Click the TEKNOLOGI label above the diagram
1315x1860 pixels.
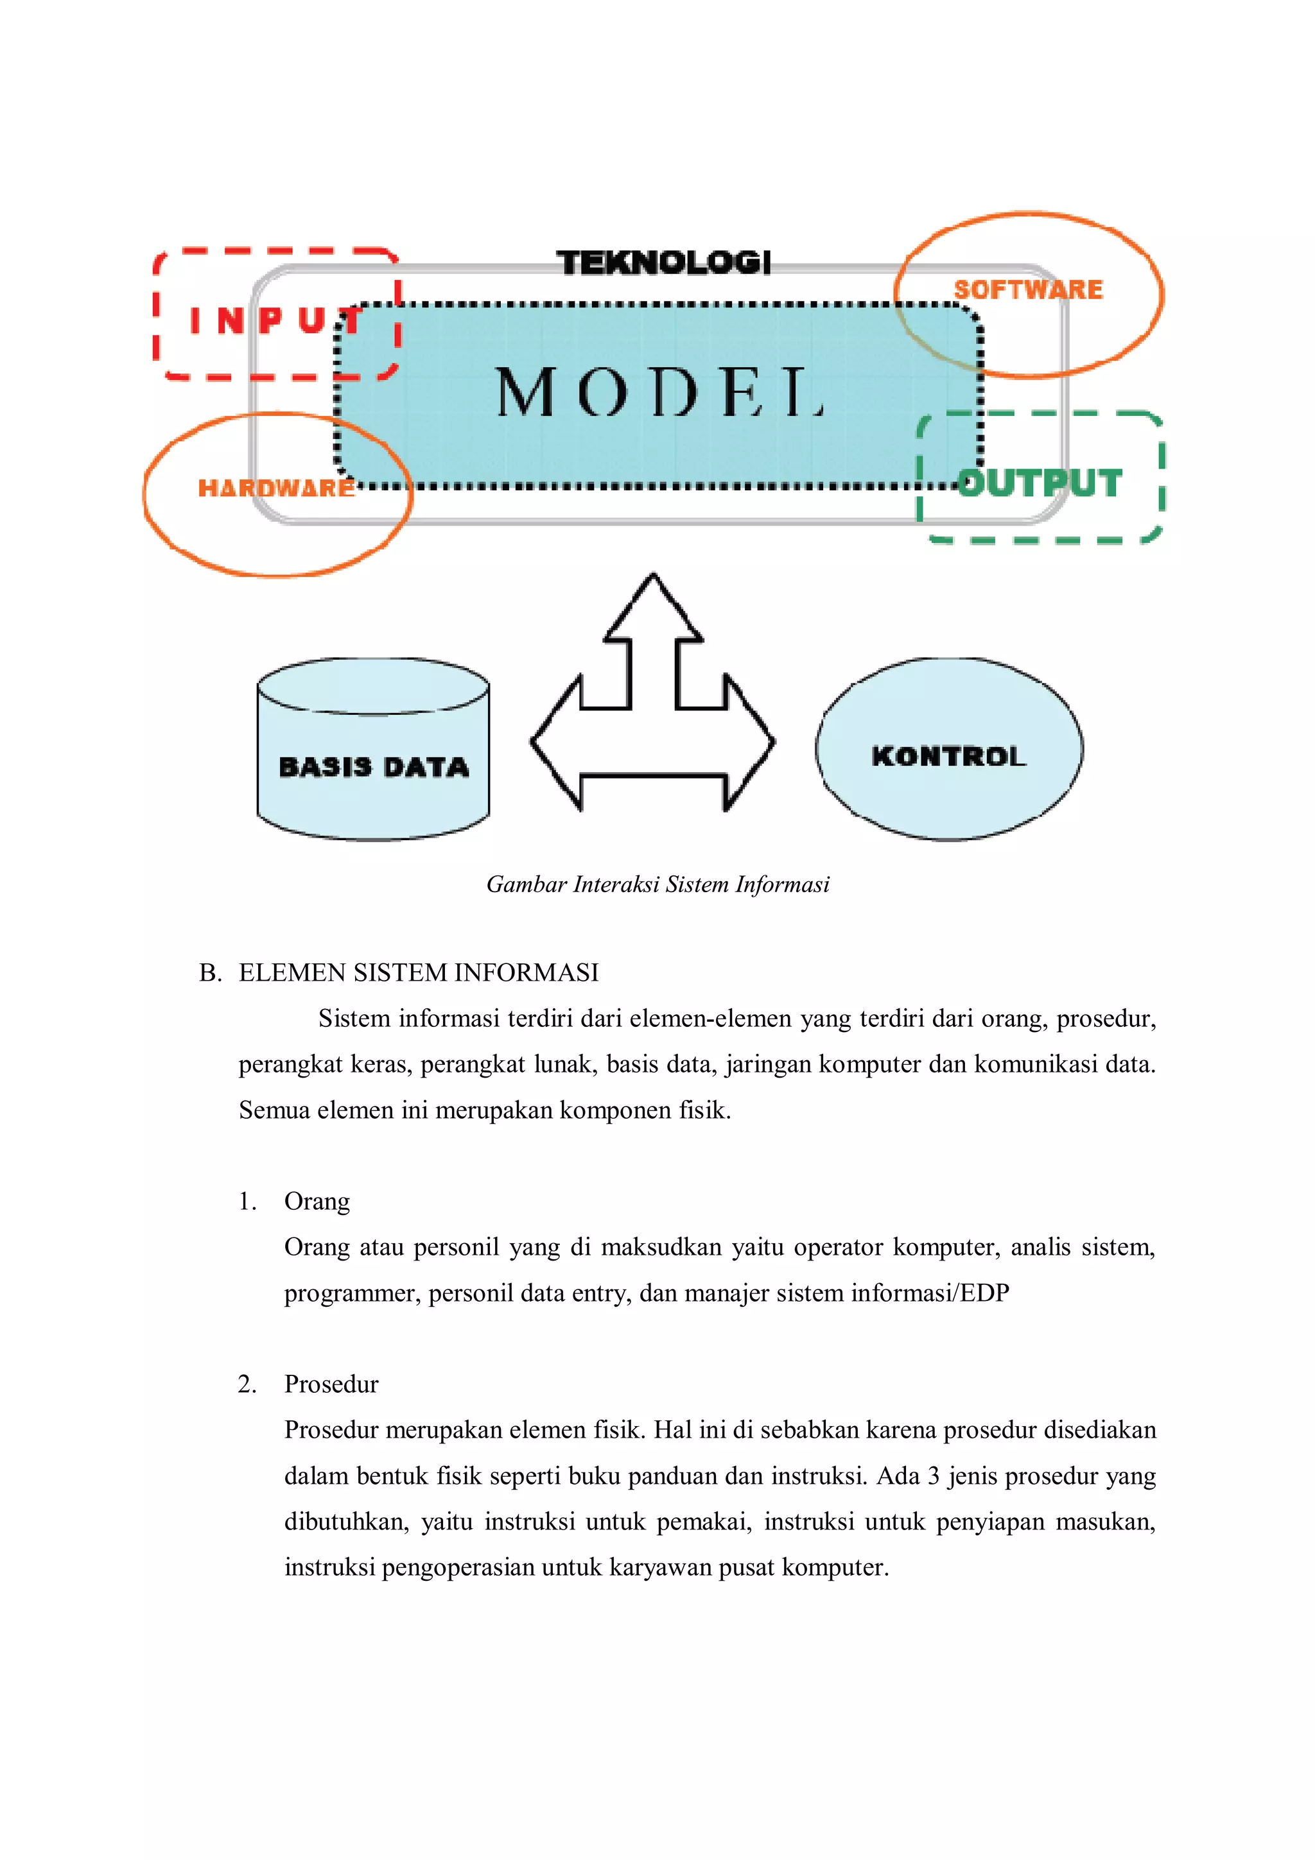coord(663,263)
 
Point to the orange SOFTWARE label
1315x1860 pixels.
coord(1028,290)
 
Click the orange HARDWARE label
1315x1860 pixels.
coord(276,488)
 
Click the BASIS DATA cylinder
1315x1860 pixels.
coord(374,766)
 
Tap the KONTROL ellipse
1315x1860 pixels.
coord(949,756)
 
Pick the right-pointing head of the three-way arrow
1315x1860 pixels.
coord(749,741)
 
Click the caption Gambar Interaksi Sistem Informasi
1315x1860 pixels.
coord(658,884)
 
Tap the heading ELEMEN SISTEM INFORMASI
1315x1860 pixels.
coord(418,972)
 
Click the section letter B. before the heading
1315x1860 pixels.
coord(210,972)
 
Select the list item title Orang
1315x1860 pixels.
coord(317,1201)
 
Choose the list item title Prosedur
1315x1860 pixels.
coord(331,1384)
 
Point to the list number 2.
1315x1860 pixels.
coord(247,1384)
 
